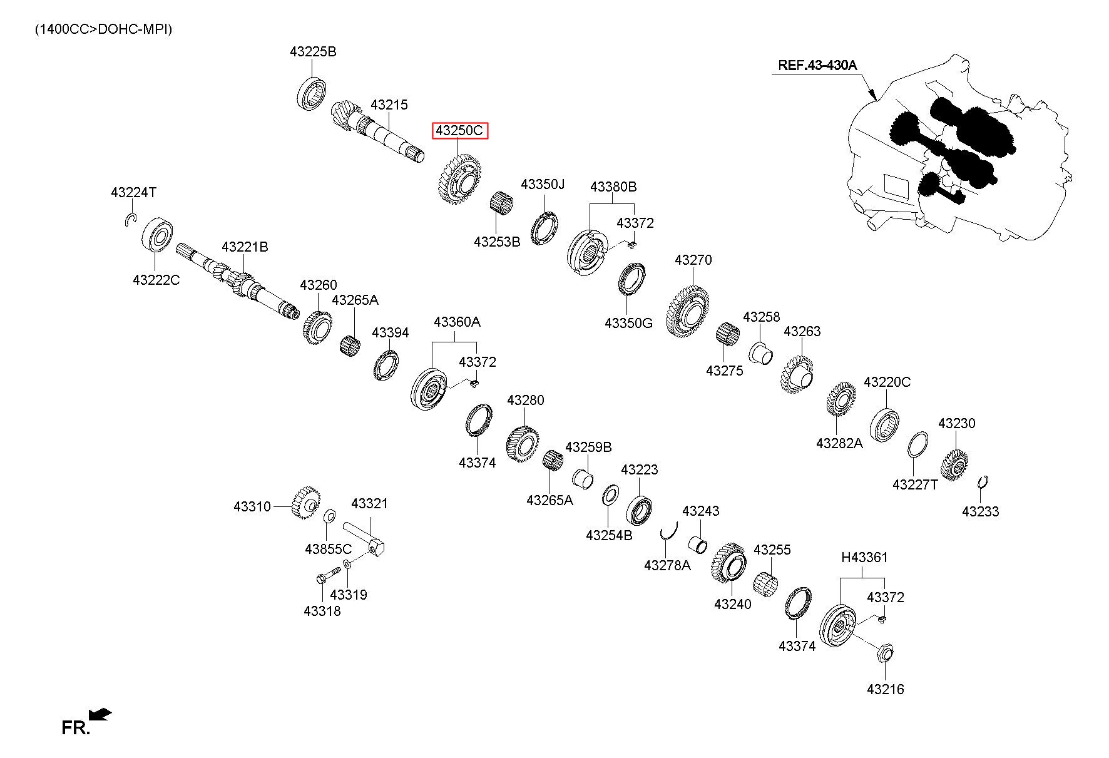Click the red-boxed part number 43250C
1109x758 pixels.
click(460, 131)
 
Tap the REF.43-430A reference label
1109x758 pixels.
click(817, 64)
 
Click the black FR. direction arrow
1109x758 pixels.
click(100, 714)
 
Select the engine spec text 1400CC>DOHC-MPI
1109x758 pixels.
click(103, 29)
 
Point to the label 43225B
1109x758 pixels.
click(313, 52)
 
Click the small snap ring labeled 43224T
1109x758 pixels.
click(130, 219)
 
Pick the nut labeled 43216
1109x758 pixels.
click(884, 653)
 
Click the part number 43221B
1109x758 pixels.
click(245, 247)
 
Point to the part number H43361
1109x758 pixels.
click(864, 557)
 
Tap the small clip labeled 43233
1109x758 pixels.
click(983, 482)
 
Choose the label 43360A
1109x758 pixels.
click(457, 322)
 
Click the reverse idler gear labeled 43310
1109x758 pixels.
click(306, 502)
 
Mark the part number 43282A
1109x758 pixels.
click(839, 443)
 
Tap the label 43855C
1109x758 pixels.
click(329, 549)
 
